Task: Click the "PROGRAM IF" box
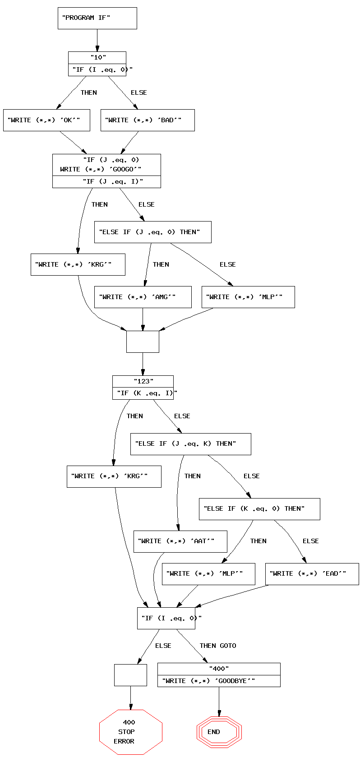point(97,18)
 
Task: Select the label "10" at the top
point(97,57)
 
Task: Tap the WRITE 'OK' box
point(46,120)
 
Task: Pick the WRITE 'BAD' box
point(148,120)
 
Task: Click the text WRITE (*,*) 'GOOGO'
point(101,169)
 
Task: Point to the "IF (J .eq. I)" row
point(107,181)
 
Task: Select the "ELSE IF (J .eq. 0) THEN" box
point(152,232)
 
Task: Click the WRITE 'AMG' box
point(143,297)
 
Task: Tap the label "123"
point(143,381)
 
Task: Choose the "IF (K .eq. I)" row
point(143,393)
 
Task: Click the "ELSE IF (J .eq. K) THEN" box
point(190,444)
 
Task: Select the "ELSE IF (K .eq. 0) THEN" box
point(259,509)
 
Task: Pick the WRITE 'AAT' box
point(180,541)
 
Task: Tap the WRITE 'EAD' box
point(312,574)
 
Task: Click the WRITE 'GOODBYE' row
point(219,681)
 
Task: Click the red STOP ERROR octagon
point(130,732)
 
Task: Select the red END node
point(219,732)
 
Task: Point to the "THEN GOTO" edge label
point(218,646)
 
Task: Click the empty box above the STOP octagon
point(130,675)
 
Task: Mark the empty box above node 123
point(143,342)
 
